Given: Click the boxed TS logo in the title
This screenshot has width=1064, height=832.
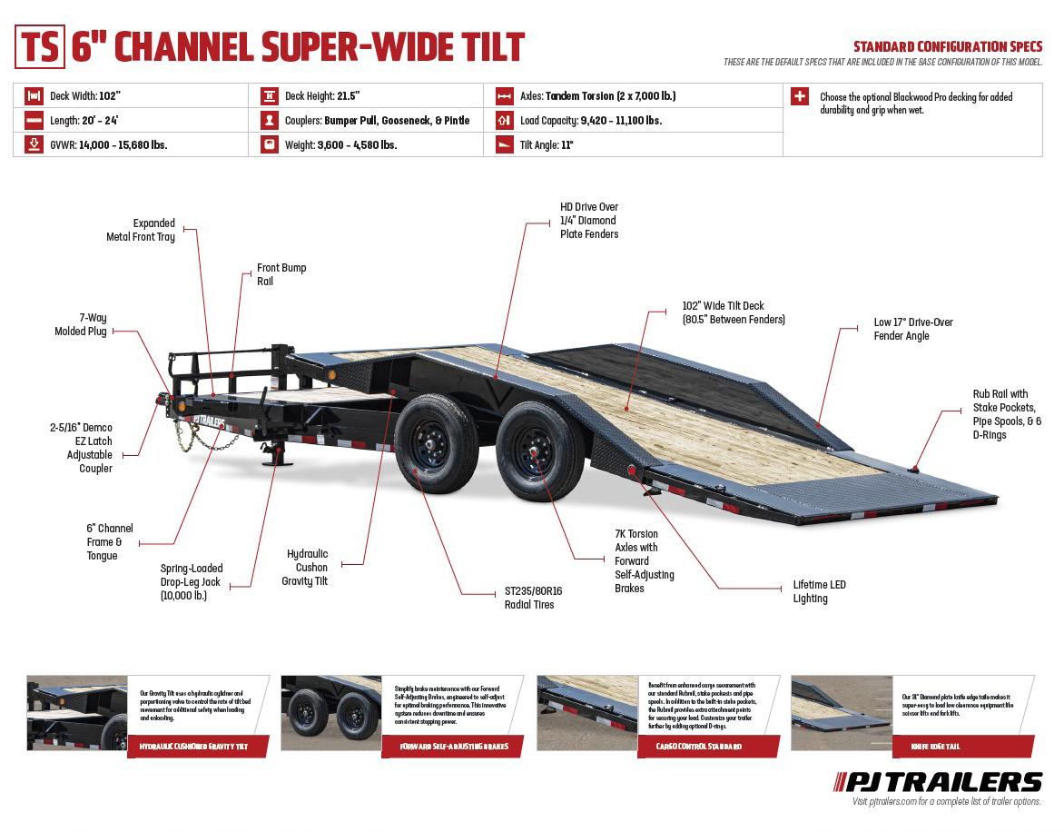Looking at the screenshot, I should pos(40,47).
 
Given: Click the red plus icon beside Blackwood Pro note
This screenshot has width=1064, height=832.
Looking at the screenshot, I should pos(799,96).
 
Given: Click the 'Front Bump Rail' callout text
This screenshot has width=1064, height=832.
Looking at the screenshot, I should pos(281,274).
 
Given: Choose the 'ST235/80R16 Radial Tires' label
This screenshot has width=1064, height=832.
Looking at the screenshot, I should pos(533,598).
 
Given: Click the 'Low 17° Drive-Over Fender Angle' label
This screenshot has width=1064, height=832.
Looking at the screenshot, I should pos(912,329).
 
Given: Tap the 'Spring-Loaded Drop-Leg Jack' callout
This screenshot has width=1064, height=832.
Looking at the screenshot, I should pos(191,581).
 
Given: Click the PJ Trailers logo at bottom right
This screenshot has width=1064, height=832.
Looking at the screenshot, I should pos(938,781).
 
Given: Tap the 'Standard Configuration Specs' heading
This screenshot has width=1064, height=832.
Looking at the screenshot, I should pos(947,46).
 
